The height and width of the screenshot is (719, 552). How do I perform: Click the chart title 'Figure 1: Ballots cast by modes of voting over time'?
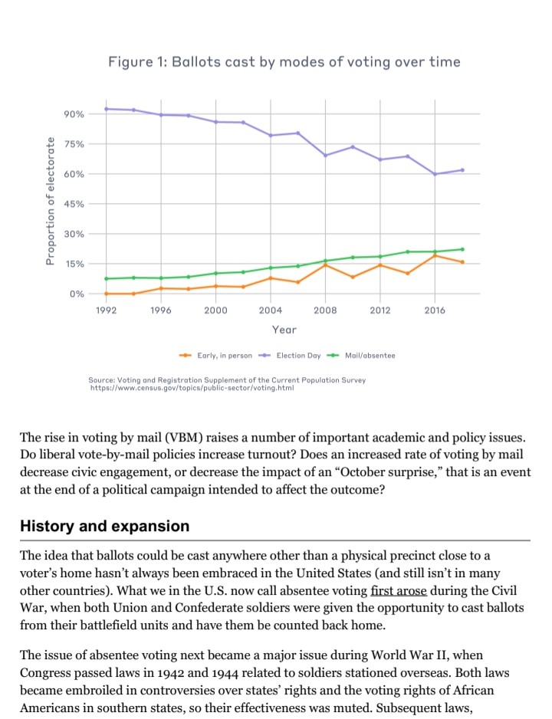pyautogui.click(x=284, y=61)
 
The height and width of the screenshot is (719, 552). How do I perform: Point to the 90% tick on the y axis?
pyautogui.click(x=74, y=114)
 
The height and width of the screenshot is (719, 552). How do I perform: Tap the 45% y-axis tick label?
pyautogui.click(x=74, y=204)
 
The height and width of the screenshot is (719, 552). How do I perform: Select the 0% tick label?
pyautogui.click(x=77, y=294)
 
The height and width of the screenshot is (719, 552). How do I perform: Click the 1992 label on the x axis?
pyautogui.click(x=107, y=310)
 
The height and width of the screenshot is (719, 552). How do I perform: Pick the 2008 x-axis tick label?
pyautogui.click(x=326, y=310)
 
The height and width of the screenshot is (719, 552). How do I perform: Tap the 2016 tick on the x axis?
pyautogui.click(x=435, y=310)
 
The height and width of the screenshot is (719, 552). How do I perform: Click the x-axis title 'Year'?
pyautogui.click(x=284, y=329)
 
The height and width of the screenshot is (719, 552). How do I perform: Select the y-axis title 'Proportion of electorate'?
pyautogui.click(x=51, y=201)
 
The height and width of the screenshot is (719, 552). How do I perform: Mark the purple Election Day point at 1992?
pyautogui.click(x=107, y=109)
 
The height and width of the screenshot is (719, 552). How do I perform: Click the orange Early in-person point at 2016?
pyautogui.click(x=435, y=255)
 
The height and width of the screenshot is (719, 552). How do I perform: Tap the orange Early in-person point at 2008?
pyautogui.click(x=326, y=265)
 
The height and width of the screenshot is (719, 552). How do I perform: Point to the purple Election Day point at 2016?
pyautogui.click(x=435, y=174)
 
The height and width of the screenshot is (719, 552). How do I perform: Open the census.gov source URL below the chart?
pyautogui.click(x=192, y=389)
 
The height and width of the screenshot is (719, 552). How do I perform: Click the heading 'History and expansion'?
pyautogui.click(x=104, y=526)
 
